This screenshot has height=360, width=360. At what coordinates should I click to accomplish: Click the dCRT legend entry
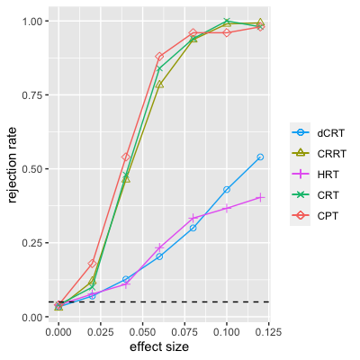pos(318,132)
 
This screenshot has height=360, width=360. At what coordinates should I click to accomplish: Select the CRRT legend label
pos(332,154)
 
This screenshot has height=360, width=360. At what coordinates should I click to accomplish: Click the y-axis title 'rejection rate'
pos(12,165)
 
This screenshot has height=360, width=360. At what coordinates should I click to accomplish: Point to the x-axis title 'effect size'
pos(159,346)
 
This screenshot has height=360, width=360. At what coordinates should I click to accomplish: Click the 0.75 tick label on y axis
pos(32,94)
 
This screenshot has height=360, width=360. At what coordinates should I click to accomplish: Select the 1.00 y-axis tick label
pos(32,21)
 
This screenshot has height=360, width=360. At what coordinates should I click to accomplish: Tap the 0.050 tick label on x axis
pos(142,332)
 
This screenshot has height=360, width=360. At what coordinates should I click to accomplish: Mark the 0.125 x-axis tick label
pos(268,332)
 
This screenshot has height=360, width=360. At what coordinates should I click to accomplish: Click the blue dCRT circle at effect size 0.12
pos(260,157)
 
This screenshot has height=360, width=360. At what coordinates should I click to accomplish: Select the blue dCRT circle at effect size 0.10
pos(227,190)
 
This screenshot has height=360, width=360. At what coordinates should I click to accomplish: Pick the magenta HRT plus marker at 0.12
pos(260,197)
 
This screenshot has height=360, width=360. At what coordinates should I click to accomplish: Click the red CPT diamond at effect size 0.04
pos(126,157)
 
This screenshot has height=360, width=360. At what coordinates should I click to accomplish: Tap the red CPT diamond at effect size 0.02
pos(92,264)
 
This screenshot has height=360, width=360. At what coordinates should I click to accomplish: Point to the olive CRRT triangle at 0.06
pos(159,85)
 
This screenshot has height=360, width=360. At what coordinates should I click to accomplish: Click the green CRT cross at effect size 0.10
pos(227,21)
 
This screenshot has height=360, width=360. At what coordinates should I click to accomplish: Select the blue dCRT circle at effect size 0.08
pos(193,228)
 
